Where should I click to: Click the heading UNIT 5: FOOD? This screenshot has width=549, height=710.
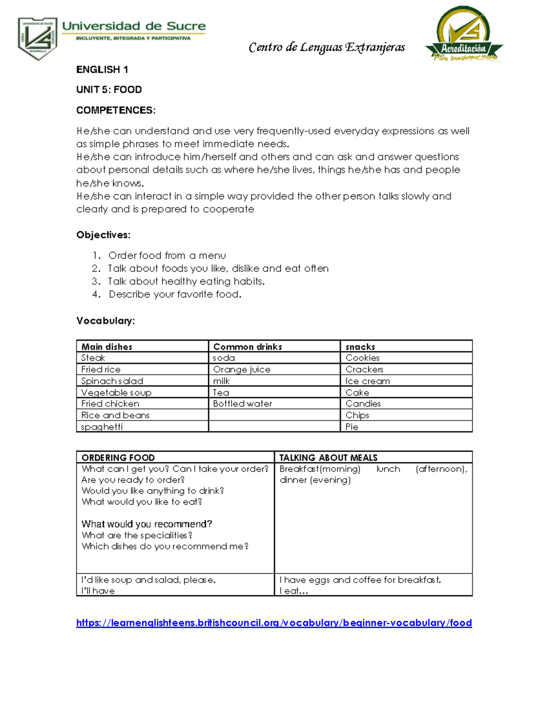pyautogui.click(x=109, y=90)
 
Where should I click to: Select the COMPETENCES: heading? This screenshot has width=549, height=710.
pyautogui.click(x=116, y=110)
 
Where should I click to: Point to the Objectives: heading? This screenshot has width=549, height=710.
pyautogui.click(x=103, y=235)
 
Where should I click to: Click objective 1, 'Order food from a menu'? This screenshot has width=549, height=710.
pyautogui.click(x=167, y=256)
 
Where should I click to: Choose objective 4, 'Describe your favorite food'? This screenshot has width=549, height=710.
pyautogui.click(x=175, y=294)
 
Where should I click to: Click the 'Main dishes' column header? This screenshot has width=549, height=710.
pyautogui.click(x=107, y=347)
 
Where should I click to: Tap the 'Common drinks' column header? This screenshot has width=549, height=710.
pyautogui.click(x=248, y=347)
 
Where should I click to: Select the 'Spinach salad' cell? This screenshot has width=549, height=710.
pyautogui.click(x=112, y=381)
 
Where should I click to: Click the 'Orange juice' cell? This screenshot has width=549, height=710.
pyautogui.click(x=242, y=369)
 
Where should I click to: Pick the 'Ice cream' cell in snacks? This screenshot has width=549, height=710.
pyautogui.click(x=367, y=381)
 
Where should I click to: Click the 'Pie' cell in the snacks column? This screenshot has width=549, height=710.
pyautogui.click(x=352, y=427)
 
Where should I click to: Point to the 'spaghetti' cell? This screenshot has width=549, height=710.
pyautogui.click(x=102, y=427)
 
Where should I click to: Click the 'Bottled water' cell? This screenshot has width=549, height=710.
pyautogui.click(x=242, y=404)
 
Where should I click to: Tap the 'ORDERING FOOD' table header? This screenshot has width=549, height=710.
pyautogui.click(x=118, y=457)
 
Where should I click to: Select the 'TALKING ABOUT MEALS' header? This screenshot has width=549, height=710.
pyautogui.click(x=328, y=457)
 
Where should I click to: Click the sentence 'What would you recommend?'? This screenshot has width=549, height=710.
pyautogui.click(x=146, y=524)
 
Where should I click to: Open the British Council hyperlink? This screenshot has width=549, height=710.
pyautogui.click(x=274, y=623)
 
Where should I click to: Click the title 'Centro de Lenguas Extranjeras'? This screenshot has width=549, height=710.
pyautogui.click(x=327, y=48)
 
